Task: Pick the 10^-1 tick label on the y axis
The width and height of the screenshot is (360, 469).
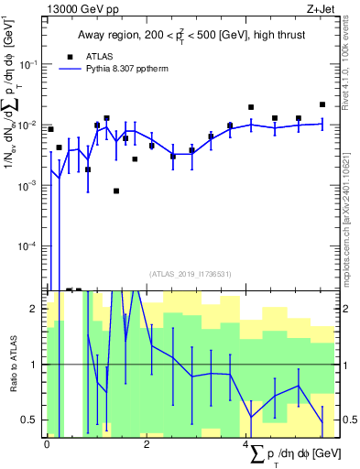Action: point(31,64)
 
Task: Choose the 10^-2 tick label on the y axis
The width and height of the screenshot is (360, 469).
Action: point(31,125)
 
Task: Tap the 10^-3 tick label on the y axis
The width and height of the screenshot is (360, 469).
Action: point(31,185)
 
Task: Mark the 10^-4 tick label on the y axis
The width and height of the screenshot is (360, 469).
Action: point(31,245)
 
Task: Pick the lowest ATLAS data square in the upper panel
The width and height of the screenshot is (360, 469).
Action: point(116,191)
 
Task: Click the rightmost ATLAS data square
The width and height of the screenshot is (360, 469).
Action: point(322,104)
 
